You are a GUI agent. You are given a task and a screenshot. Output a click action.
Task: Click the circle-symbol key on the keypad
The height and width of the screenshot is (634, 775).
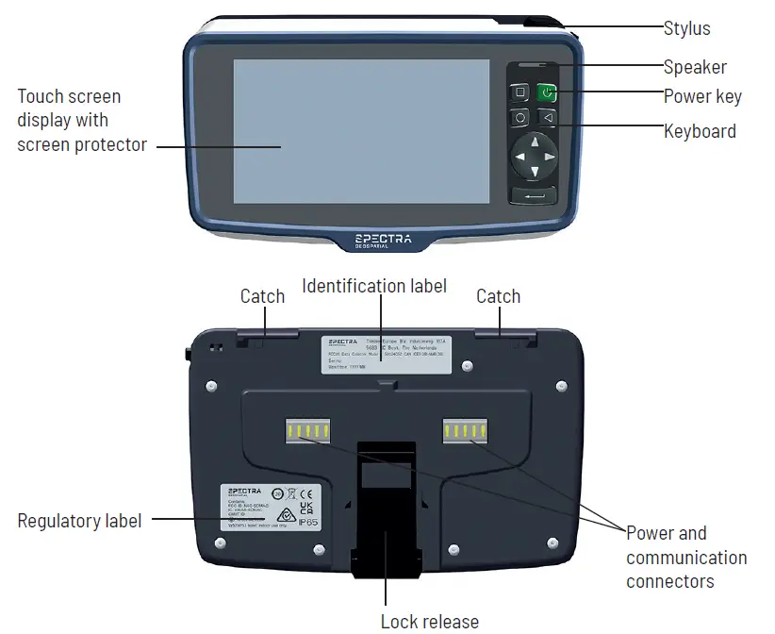(520, 119)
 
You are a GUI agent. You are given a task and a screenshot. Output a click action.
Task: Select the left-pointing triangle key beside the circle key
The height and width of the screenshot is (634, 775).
(546, 118)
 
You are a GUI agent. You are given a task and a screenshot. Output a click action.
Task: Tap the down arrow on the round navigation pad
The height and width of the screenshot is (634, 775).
(535, 172)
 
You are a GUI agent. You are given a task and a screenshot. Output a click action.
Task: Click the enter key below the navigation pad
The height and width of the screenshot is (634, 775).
(534, 195)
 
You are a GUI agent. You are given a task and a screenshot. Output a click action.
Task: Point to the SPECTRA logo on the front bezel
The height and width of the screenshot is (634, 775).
(383, 240)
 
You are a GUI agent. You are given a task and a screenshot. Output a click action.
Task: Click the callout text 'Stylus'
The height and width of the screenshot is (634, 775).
(686, 28)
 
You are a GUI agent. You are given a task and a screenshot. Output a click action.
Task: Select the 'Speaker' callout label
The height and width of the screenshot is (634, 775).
(695, 67)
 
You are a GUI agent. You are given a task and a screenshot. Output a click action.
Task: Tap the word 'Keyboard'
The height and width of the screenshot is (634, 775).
(700, 131)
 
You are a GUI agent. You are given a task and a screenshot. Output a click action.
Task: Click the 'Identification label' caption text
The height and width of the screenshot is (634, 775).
(374, 285)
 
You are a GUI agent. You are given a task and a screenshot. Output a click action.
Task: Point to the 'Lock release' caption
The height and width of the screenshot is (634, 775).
(429, 621)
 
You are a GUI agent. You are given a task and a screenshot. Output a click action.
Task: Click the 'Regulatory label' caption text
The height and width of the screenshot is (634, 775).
(79, 521)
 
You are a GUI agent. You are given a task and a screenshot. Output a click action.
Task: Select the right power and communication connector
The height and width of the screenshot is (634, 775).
(466, 432)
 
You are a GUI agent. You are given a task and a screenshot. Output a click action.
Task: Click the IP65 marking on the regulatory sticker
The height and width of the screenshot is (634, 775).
(308, 520)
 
